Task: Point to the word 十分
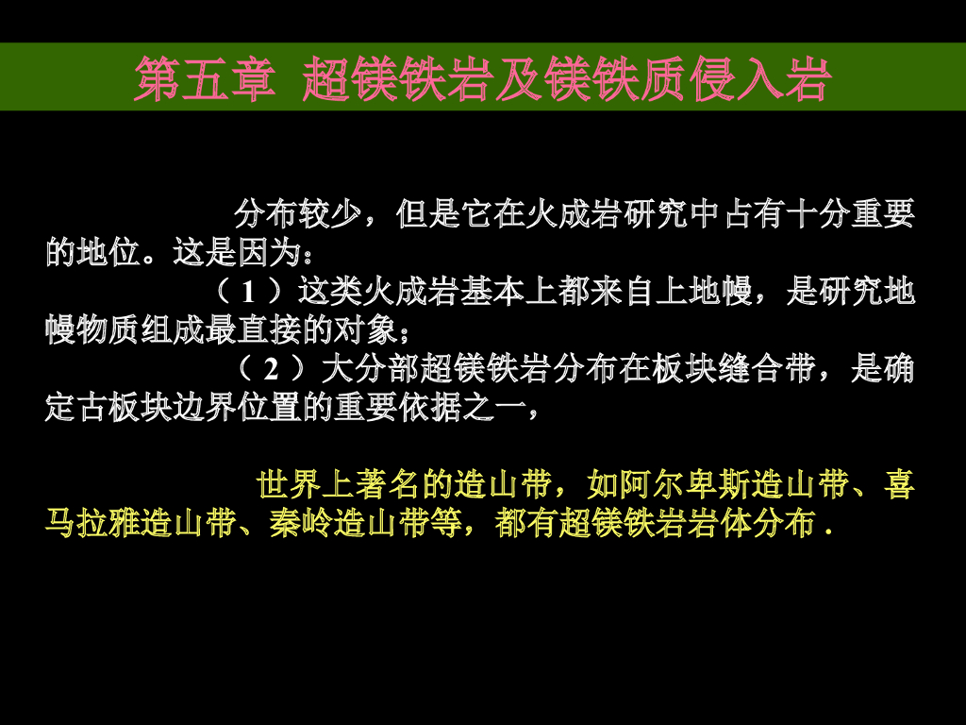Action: click(818, 214)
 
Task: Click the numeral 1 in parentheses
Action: click(248, 291)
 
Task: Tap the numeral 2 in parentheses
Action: click(271, 368)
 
